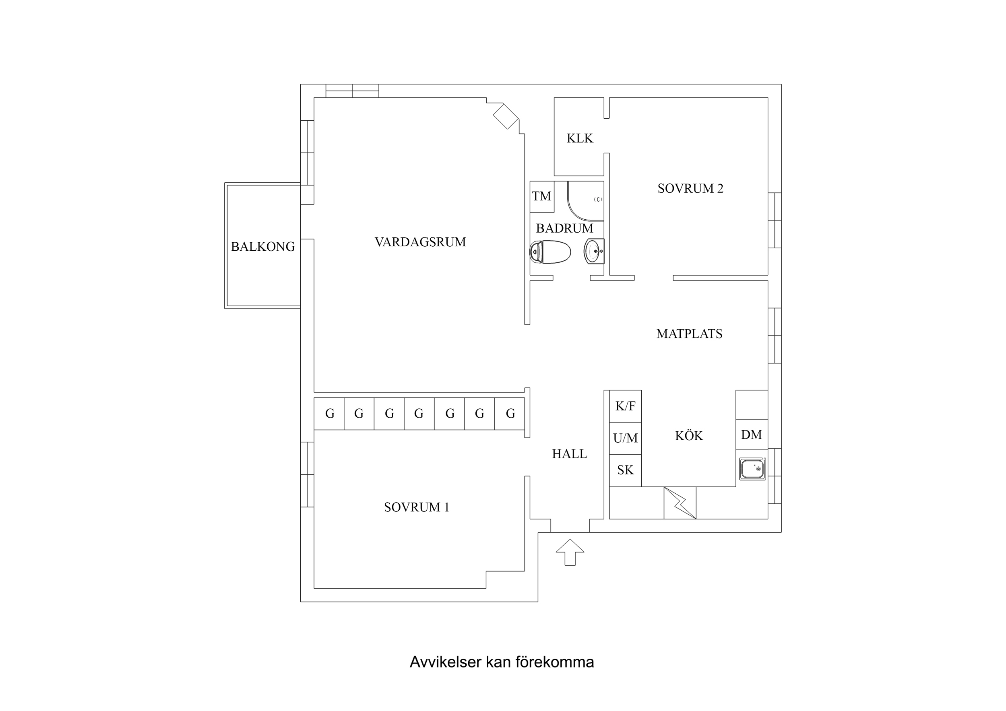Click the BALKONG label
coord(262,247)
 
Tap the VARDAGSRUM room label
coord(420,242)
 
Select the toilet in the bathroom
coord(551,252)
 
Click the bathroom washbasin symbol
coord(594,251)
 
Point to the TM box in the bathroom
coord(541,196)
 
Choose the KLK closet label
coord(579,138)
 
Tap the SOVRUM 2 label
coord(690,188)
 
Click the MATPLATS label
coord(689,334)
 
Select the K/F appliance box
coord(625,406)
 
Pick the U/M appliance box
coord(625,438)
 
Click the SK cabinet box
coord(625,470)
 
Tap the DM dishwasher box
coord(751,435)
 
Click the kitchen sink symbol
coord(752,469)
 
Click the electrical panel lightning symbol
coord(680,503)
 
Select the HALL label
coord(569,454)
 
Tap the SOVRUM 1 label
coord(416,507)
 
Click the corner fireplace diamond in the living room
coord(506,116)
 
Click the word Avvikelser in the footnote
coord(445,662)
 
